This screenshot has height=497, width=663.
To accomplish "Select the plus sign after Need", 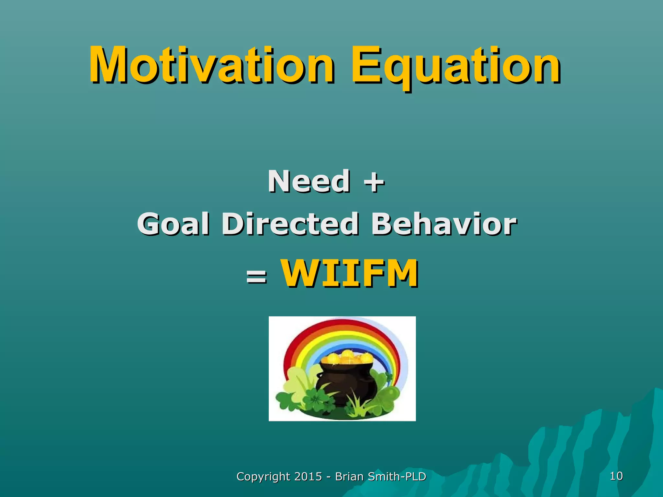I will pyautogui.click(x=374, y=182).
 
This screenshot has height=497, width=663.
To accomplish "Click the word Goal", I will pyautogui.click(x=173, y=224).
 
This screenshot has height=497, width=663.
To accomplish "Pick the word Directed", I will pyautogui.click(x=290, y=224).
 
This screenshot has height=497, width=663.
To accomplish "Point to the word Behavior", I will pyautogui.click(x=444, y=224).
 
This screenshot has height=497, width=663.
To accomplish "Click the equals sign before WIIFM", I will pyautogui.click(x=256, y=277).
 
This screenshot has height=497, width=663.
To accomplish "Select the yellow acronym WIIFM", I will pyautogui.click(x=349, y=273).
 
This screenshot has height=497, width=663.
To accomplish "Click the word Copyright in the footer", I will pyautogui.click(x=263, y=477).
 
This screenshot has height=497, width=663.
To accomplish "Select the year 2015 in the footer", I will pyautogui.click(x=308, y=476).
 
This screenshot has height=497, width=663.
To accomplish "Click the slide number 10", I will pyautogui.click(x=616, y=476).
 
